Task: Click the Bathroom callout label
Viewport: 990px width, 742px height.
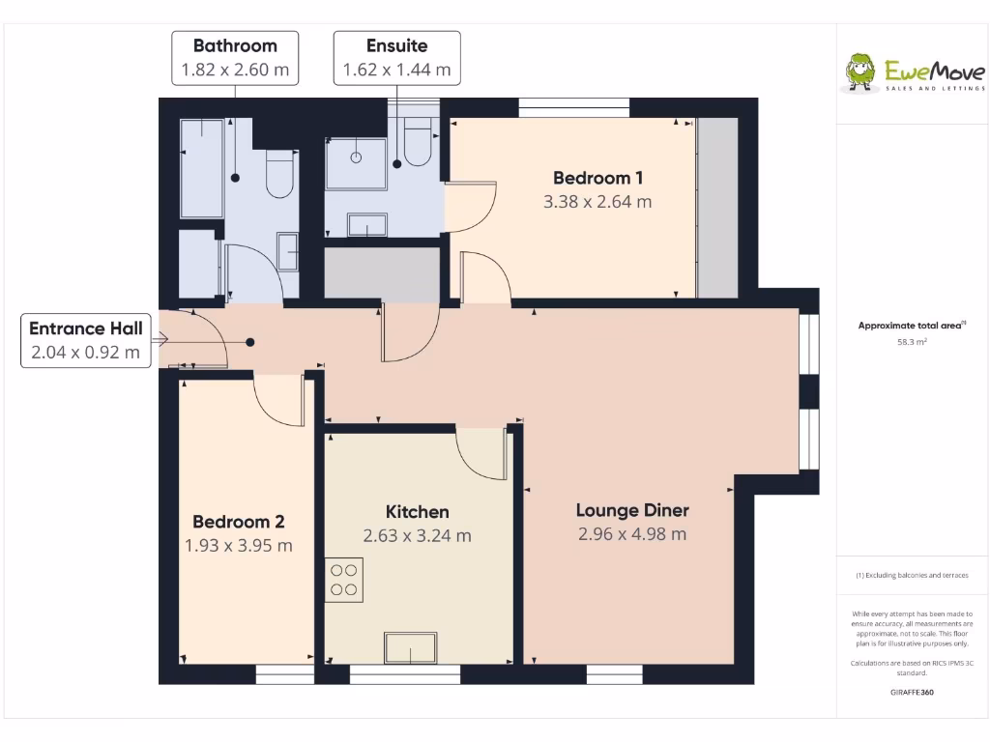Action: pos(235,57)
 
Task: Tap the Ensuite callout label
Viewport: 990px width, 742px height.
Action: pos(396,57)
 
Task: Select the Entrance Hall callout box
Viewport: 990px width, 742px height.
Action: pos(85,340)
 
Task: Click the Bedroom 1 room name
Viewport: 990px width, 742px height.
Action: pos(597,178)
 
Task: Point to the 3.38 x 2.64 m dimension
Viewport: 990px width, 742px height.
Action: pos(597,202)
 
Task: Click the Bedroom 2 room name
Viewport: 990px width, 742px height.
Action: pos(238,522)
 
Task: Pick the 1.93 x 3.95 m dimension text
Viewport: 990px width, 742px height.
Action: pos(238,546)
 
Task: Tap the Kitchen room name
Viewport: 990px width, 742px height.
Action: pos(417,512)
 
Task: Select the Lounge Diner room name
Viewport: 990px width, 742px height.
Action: pos(632,510)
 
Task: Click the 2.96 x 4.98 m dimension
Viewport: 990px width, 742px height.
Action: pos(632,534)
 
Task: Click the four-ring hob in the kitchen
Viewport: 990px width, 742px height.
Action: pos(344,580)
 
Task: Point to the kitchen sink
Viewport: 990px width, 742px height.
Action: pos(411,647)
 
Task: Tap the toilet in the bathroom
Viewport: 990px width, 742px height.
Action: pos(280,174)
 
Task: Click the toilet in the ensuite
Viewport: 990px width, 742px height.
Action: pos(418,142)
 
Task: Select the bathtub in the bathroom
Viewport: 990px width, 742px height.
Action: pos(202,169)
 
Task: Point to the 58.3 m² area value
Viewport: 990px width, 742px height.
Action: pos(913,341)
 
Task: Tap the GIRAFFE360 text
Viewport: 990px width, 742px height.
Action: pos(912,692)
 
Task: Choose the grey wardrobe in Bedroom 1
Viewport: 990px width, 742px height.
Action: pos(717,208)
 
